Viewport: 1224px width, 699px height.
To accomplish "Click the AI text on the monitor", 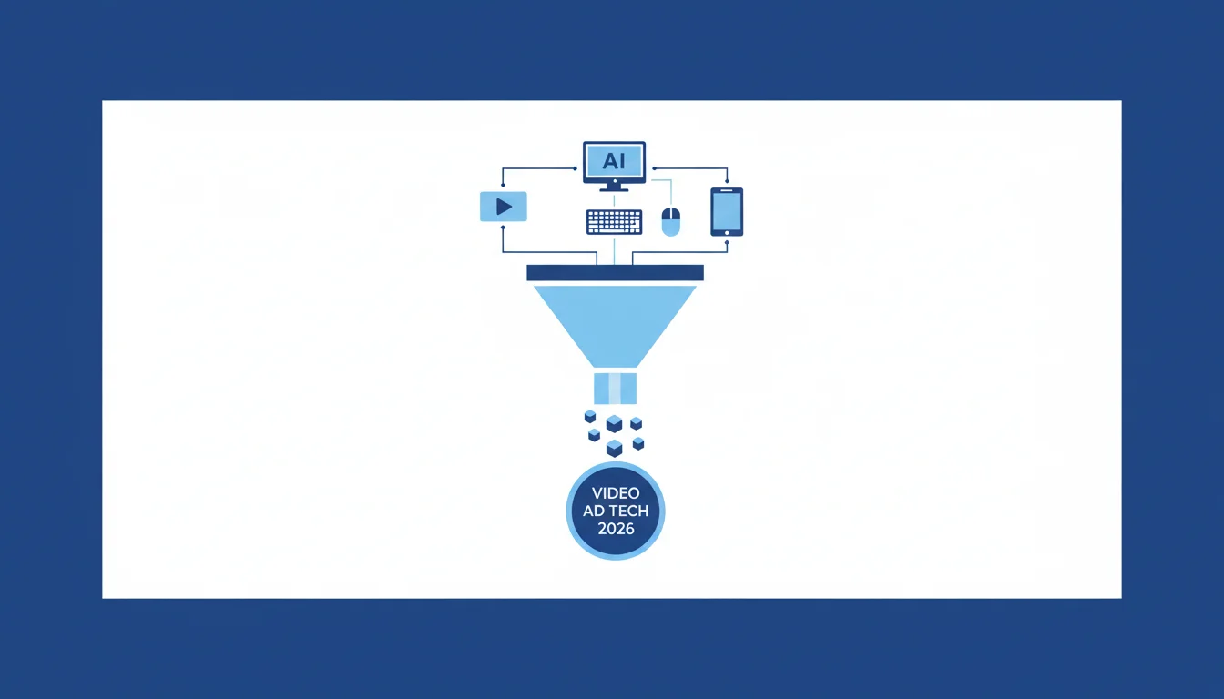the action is point(614,161).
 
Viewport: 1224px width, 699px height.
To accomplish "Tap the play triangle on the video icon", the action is point(504,207).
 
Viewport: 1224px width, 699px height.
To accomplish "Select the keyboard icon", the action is point(614,222).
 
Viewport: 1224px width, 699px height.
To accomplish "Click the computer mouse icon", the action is point(671,221).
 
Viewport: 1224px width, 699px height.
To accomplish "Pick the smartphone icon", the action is point(727,212).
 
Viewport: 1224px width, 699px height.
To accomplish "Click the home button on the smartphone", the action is point(727,233).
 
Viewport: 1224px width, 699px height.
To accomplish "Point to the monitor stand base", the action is point(614,189).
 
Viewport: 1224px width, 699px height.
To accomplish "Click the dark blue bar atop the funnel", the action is point(616,272).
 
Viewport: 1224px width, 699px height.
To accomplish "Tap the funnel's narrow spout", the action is point(616,389).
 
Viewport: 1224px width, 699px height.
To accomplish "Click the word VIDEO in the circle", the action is point(616,493).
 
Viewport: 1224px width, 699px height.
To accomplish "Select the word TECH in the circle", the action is point(627,512).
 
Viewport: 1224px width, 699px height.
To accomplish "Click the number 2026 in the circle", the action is point(616,529).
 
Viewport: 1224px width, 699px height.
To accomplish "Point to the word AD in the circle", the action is point(592,512).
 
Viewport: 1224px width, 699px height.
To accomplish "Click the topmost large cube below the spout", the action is point(614,423).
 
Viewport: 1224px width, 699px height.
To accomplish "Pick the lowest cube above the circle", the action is point(614,448).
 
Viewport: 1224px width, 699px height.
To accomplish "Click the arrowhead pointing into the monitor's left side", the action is point(576,168).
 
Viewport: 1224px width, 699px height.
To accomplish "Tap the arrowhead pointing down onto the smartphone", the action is point(727,181).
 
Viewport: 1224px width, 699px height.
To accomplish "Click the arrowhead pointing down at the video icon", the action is point(503,185).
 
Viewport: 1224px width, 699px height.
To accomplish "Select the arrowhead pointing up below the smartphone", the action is point(727,242).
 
